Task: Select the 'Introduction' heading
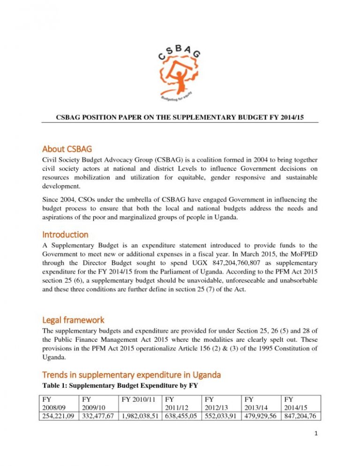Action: pos(65,234)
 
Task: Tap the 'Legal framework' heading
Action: pos(74,320)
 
